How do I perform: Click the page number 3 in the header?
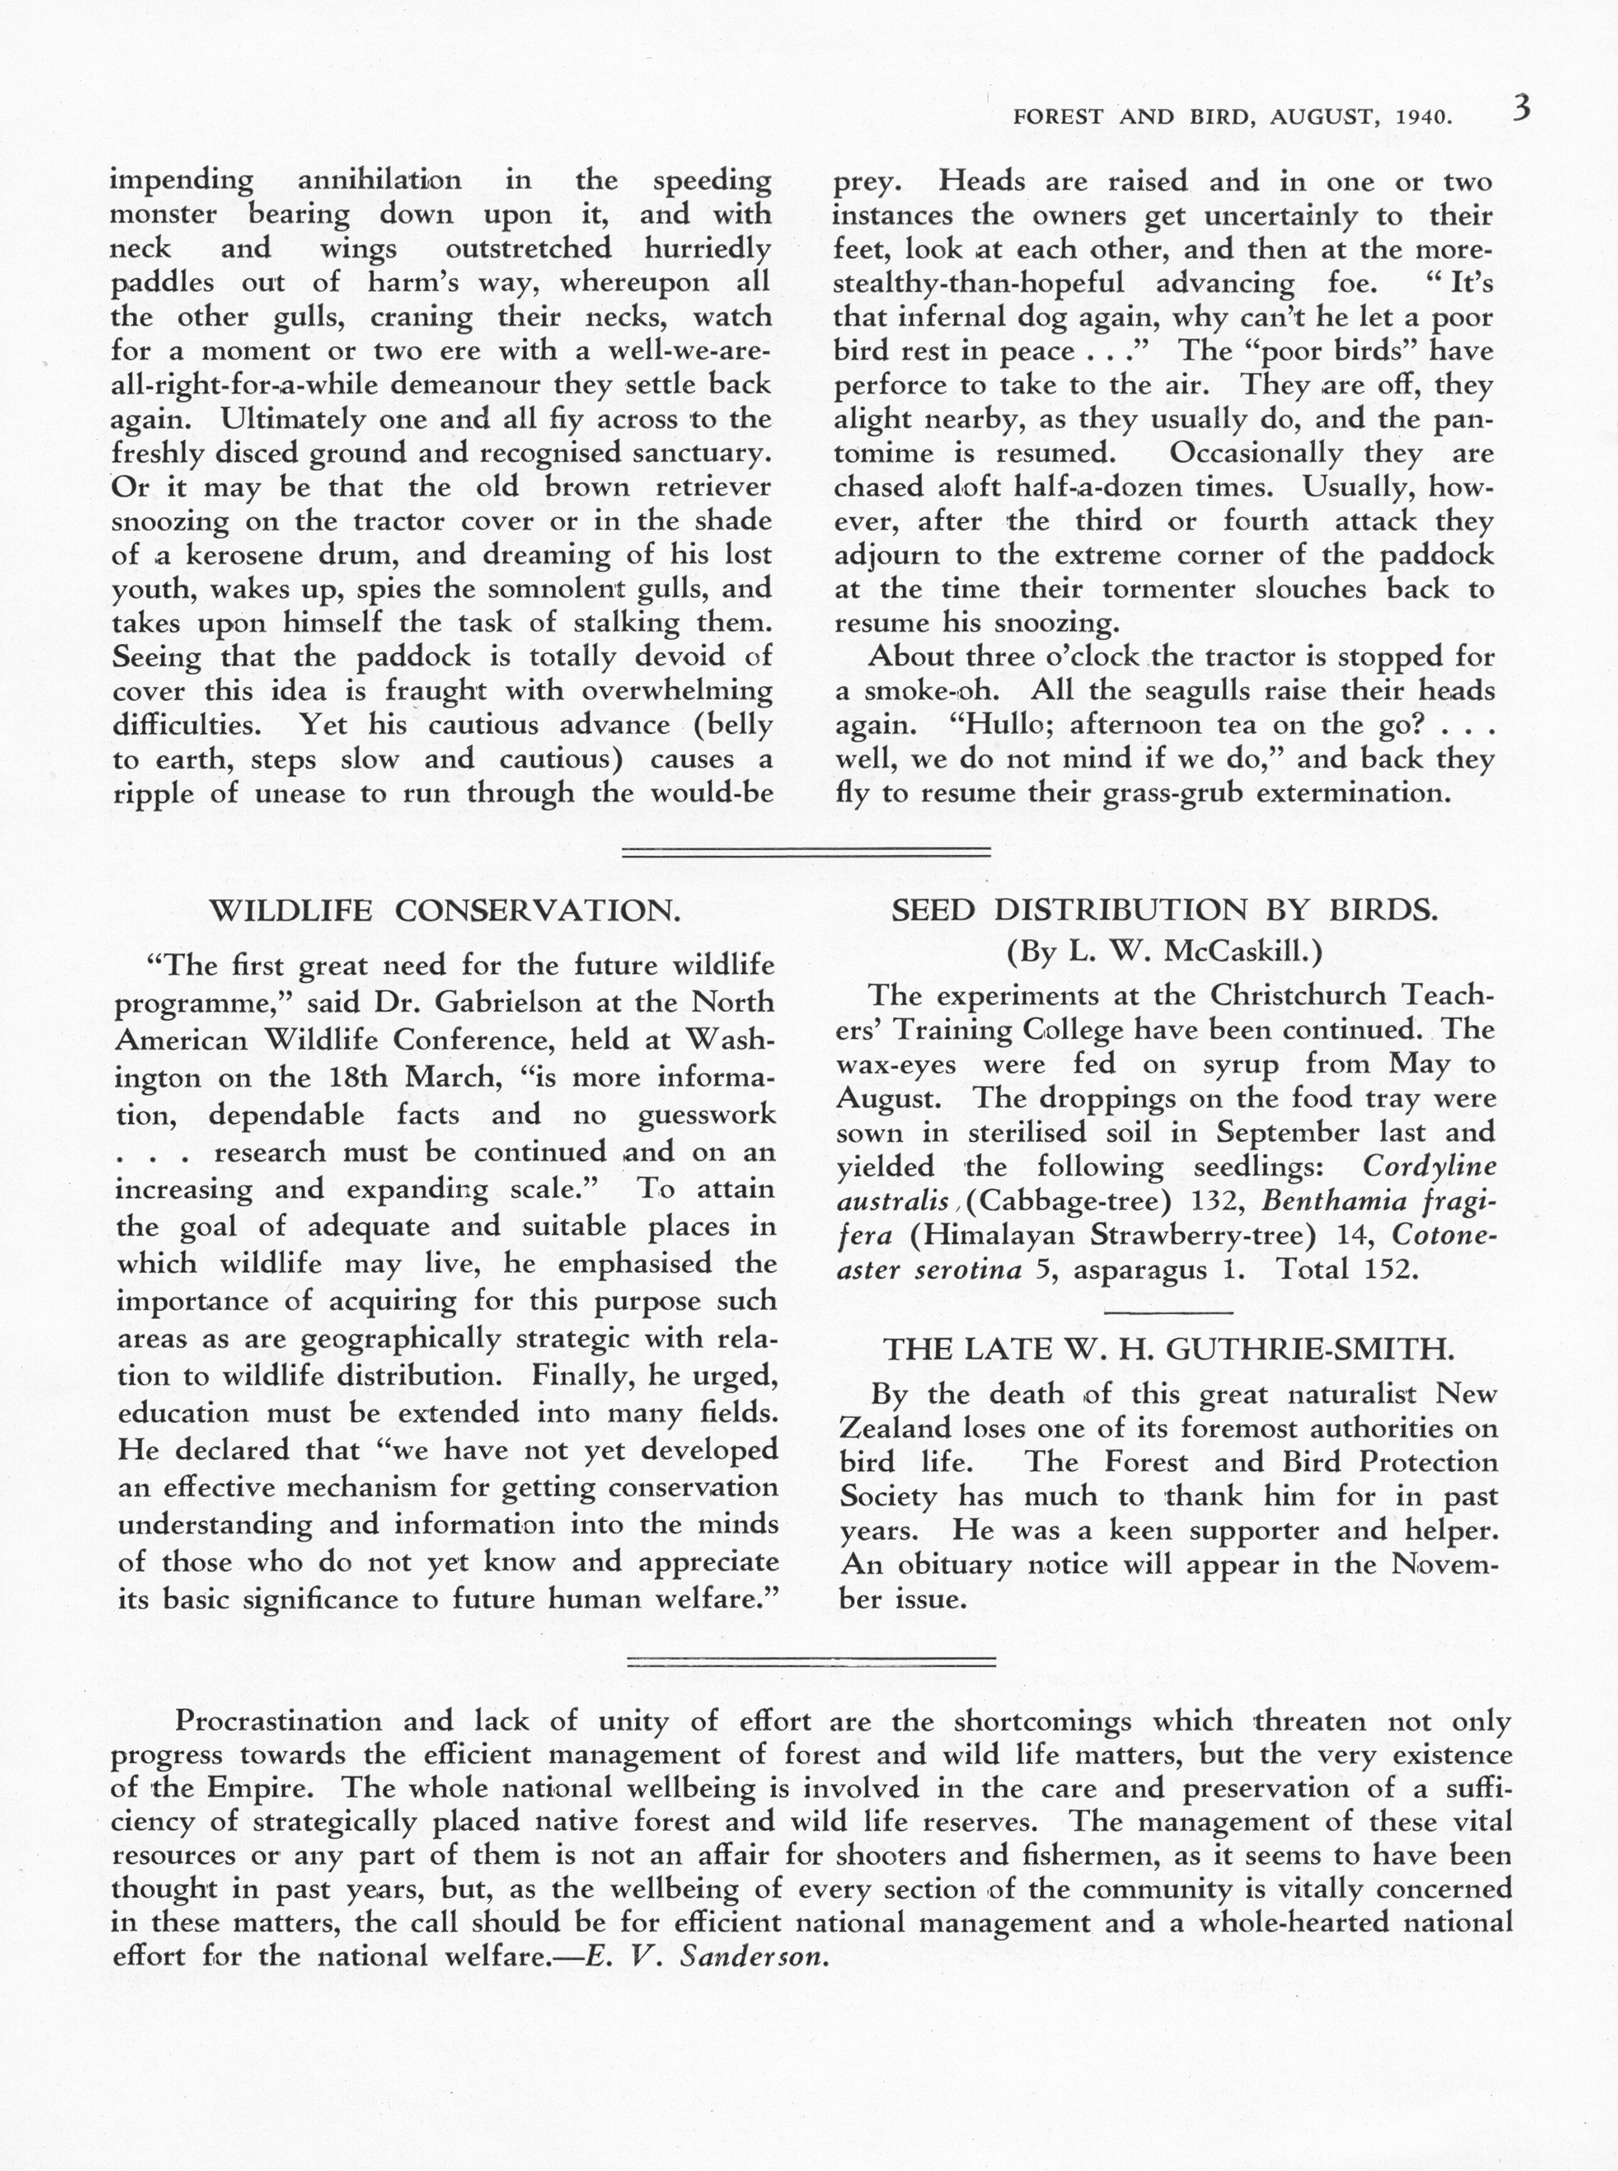click(1520, 108)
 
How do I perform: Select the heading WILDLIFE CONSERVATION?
click(446, 911)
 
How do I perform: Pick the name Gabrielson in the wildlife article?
click(501, 1003)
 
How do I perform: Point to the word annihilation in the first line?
click(378, 181)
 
